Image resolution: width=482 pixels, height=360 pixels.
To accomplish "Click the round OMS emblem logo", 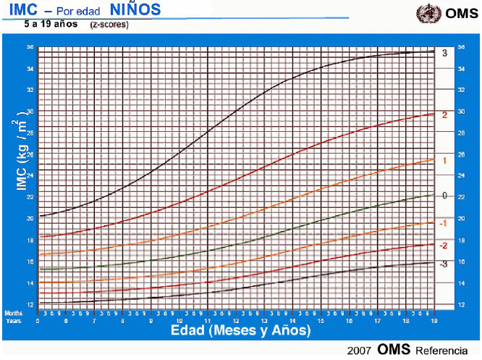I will (x=426, y=14).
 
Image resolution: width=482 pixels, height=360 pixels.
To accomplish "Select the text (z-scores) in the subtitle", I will (x=109, y=25).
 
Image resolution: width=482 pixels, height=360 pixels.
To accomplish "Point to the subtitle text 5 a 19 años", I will (x=51, y=24).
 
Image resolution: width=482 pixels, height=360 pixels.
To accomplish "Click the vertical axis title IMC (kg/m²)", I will (x=20, y=156).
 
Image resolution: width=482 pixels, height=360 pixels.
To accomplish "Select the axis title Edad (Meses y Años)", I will (x=240, y=330).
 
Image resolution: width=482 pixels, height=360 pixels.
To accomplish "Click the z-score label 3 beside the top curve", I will (x=444, y=53).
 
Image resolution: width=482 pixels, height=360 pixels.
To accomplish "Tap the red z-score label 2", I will (x=444, y=115).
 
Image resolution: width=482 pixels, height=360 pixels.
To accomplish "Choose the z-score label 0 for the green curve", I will (x=444, y=195).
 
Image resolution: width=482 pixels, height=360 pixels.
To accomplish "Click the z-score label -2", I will (x=443, y=246).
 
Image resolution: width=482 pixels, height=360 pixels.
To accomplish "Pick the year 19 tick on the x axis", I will (x=433, y=319).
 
